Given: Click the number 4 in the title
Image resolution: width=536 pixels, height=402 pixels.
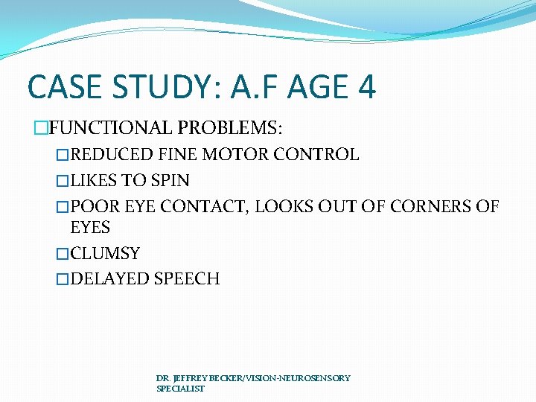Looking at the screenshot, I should (367, 86).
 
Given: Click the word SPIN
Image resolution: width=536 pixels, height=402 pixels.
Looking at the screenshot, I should (170, 181).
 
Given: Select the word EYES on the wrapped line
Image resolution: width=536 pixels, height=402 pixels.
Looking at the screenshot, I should (90, 227).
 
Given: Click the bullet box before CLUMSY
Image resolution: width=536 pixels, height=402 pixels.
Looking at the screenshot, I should (63, 255).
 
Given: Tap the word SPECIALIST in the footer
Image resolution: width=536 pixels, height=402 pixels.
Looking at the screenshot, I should (180, 389).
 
